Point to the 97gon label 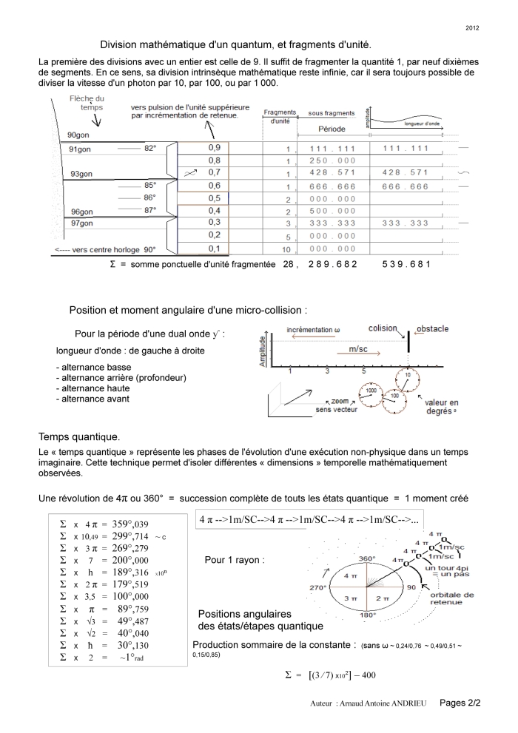[x=81, y=223]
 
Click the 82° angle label [x=150, y=148]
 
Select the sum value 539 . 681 [x=406, y=264]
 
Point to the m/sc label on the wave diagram [x=361, y=348]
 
